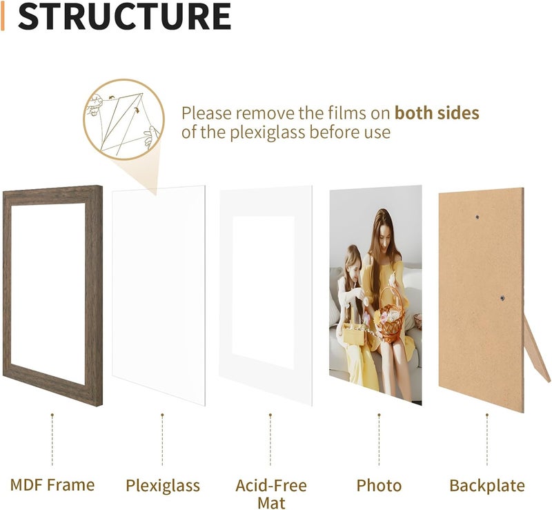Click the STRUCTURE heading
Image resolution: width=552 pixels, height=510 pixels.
coord(124,16)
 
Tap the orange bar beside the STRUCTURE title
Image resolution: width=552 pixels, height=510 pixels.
coord(3,16)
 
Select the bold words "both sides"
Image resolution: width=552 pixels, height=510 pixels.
coord(437,113)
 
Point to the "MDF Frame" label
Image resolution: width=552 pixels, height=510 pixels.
coord(52,485)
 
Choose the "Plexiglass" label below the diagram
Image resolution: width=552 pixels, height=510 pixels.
coord(163,486)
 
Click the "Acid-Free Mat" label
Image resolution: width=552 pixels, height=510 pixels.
coord(271,494)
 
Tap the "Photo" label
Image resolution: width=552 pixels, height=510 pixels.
coord(379,486)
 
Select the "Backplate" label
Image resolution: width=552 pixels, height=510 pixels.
coord(487,486)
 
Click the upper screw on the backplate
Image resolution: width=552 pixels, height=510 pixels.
coord(477,217)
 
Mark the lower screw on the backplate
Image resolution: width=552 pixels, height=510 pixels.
coord(502,298)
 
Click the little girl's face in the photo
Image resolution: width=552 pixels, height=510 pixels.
coord(355,261)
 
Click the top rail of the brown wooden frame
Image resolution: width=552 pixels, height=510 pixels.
coord(52,195)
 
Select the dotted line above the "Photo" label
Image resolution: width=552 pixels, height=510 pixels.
coord(379,440)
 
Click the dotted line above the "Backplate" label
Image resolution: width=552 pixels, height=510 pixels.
coord(487,440)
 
